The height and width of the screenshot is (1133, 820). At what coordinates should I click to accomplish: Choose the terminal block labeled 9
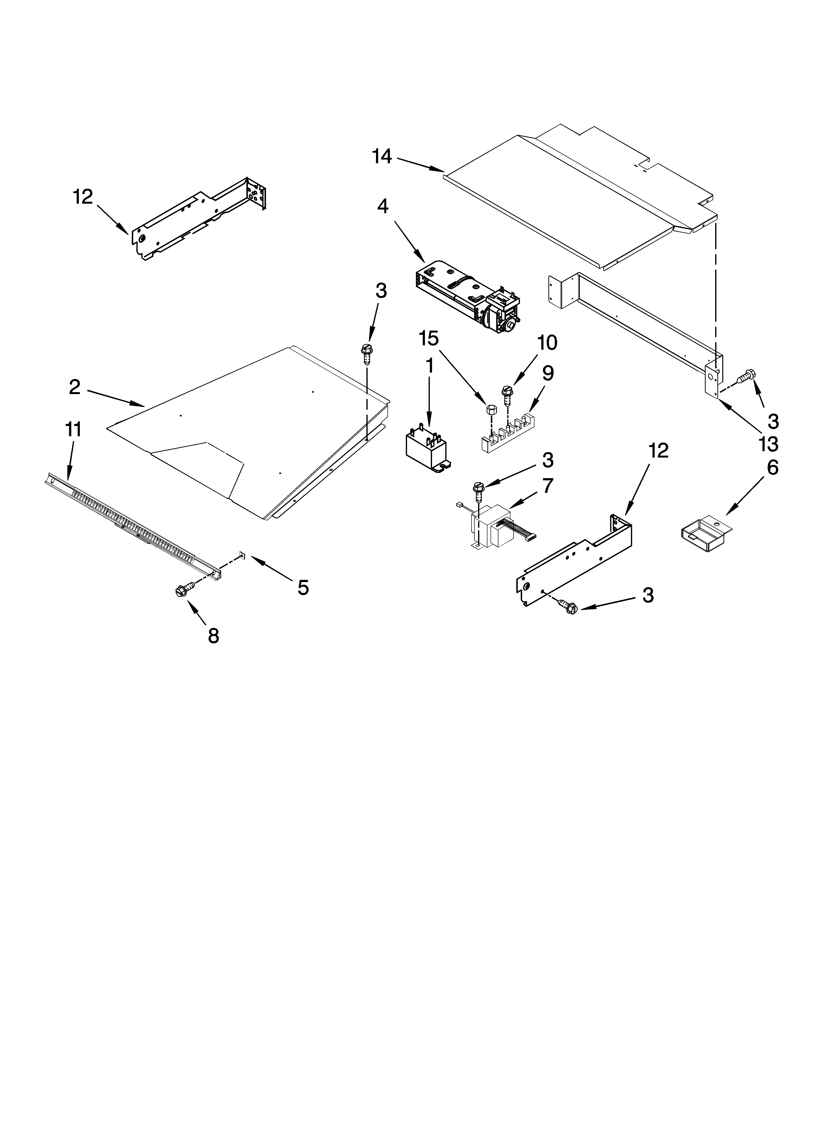pos(510,429)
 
